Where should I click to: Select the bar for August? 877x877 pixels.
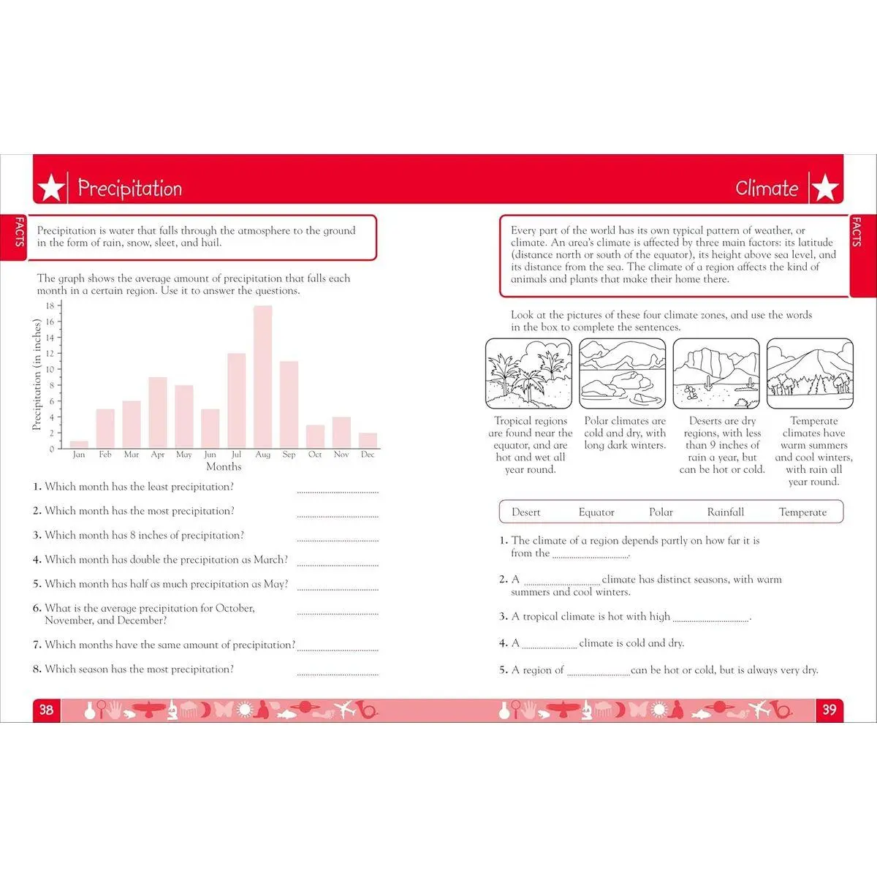pyautogui.click(x=262, y=377)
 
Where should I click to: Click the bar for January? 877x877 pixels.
pyautogui.click(x=79, y=444)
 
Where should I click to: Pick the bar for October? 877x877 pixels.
pyautogui.click(x=315, y=436)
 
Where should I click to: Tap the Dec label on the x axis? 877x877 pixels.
pyautogui.click(x=368, y=455)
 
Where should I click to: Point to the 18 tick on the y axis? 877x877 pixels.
pyautogui.click(x=50, y=306)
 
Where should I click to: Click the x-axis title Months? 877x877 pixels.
pyautogui.click(x=224, y=467)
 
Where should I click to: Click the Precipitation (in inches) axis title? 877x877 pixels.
pyautogui.click(x=37, y=374)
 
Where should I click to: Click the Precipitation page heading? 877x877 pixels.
pyautogui.click(x=130, y=189)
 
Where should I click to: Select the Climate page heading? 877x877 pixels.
pyautogui.click(x=767, y=189)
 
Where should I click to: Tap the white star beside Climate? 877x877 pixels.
pyautogui.click(x=826, y=189)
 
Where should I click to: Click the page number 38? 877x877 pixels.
pyautogui.click(x=46, y=710)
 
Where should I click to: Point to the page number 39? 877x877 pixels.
pyautogui.click(x=829, y=710)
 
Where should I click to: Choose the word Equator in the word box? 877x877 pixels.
pyautogui.click(x=596, y=512)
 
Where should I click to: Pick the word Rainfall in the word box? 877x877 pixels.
pyautogui.click(x=726, y=512)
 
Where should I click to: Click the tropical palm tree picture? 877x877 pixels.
pyautogui.click(x=530, y=373)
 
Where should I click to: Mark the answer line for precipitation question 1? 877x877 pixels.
pyautogui.click(x=338, y=491)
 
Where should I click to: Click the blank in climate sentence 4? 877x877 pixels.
pyautogui.click(x=549, y=646)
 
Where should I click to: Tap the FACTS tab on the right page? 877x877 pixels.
pyautogui.click(x=857, y=232)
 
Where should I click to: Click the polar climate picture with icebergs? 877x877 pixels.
pyautogui.click(x=623, y=373)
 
